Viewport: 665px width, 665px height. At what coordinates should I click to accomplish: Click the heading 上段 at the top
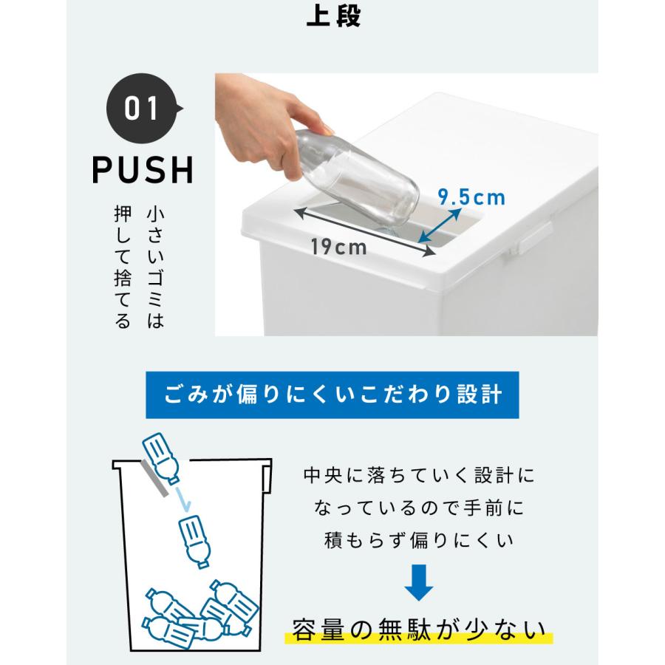coord(332,16)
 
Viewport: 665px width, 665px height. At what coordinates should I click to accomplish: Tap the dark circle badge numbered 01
coord(142,109)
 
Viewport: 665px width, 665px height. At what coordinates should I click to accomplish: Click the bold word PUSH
coord(143,170)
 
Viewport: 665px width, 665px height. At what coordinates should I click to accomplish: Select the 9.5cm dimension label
coord(471,197)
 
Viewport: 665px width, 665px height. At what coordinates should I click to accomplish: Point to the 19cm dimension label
coord(338,247)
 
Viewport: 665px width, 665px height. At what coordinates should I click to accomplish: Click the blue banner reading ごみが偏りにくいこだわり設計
coord(332,394)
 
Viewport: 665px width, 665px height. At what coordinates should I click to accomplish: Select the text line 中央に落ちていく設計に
coord(418,475)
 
